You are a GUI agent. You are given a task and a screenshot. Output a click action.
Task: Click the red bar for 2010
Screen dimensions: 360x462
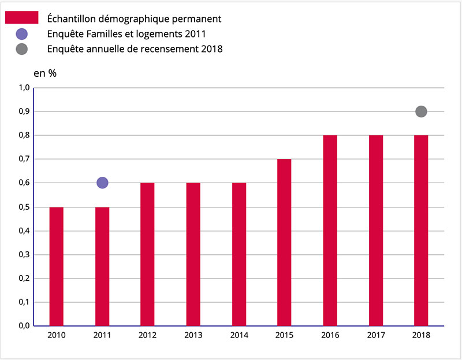57,266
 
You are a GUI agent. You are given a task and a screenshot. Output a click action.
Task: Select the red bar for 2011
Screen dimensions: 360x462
102,266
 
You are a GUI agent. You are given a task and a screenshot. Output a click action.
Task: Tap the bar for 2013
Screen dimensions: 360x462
193,254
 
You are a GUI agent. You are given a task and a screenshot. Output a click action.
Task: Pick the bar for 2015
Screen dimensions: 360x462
284,243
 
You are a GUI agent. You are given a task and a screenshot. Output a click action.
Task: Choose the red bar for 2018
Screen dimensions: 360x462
421,231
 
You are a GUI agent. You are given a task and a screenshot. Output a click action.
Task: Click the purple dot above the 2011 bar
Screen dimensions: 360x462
102,183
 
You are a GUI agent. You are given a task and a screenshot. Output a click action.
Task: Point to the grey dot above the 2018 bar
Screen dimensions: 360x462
421,112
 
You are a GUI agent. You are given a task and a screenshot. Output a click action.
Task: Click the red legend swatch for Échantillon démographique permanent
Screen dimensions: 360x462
21,18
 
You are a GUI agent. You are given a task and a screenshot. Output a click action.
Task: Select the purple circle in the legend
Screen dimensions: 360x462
22,34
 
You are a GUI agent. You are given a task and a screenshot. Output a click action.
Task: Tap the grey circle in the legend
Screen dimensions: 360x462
22,49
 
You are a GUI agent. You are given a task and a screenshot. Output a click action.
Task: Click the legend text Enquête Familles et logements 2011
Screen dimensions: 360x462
127,34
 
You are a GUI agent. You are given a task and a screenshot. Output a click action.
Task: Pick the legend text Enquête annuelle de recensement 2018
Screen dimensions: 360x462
135,49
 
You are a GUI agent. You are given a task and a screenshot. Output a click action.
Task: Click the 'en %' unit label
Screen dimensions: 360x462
45,73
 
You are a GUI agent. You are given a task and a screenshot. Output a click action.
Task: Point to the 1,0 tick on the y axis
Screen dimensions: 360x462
24,88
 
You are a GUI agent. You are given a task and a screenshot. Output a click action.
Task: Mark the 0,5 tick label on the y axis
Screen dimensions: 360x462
24,207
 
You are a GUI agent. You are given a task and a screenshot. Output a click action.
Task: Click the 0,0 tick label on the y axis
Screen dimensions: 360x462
24,326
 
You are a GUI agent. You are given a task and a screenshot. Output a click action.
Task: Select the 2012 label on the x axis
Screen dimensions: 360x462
147,336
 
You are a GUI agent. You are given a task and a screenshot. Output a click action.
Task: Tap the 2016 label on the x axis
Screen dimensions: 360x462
330,336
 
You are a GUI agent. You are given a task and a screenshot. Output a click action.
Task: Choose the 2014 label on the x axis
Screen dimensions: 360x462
239,336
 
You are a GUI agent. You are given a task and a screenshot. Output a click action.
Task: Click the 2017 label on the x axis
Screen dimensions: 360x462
375,336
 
